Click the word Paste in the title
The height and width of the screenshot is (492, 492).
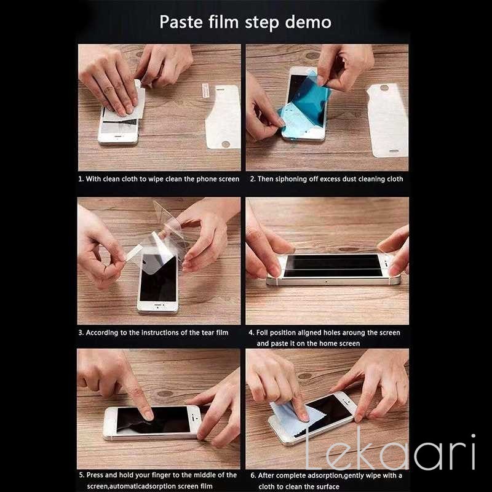click(x=181, y=22)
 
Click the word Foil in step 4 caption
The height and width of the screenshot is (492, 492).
click(x=262, y=333)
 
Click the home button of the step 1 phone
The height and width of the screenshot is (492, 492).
click(x=117, y=137)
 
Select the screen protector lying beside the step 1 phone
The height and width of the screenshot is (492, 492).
click(x=223, y=117)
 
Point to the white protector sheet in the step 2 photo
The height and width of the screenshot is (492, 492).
click(x=388, y=120)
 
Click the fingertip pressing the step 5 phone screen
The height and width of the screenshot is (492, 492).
click(x=147, y=414)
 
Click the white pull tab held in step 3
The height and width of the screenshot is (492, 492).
click(x=134, y=253)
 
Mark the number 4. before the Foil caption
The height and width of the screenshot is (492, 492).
click(x=251, y=333)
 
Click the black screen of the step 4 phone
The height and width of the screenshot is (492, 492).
click(x=333, y=266)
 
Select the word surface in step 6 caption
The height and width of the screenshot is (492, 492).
click(x=327, y=486)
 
